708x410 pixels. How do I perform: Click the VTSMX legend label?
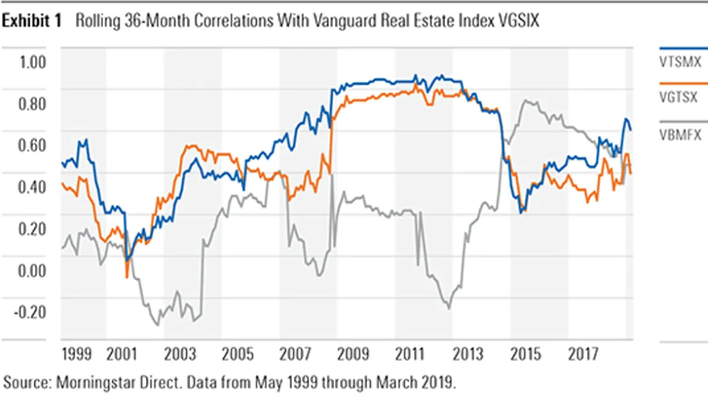pyautogui.click(x=680, y=61)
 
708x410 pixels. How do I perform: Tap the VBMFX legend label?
pyautogui.click(x=680, y=136)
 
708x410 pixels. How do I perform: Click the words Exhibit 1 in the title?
pyautogui.click(x=33, y=22)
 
